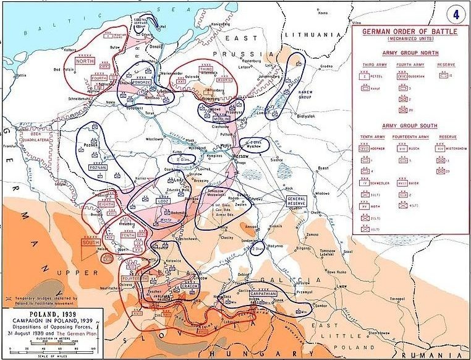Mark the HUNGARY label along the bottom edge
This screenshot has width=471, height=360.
pyautogui.click(x=257, y=353)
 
